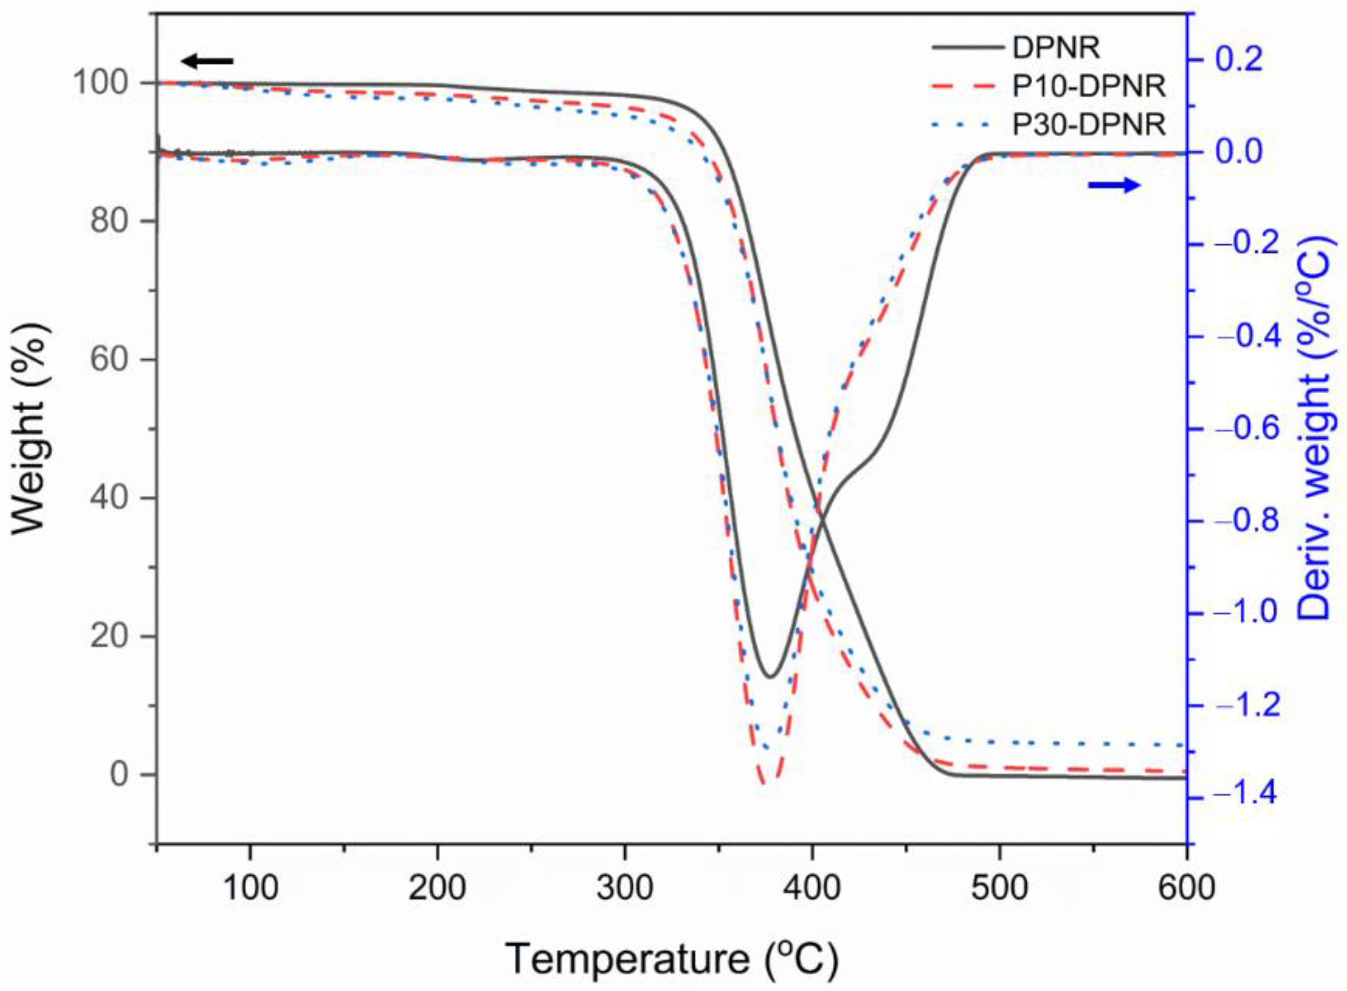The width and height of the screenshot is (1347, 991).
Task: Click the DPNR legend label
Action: pos(1056,48)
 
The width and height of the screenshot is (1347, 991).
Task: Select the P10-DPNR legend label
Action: pos(1089,86)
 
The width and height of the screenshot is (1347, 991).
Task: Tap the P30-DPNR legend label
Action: pos(1089,125)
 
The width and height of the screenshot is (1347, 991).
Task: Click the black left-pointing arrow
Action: pos(207,61)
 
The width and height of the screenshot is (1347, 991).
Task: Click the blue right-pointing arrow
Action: pos(1114,186)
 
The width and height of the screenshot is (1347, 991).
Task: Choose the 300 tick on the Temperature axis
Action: pos(624,890)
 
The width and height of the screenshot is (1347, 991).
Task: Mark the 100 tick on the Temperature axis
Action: pos(250,890)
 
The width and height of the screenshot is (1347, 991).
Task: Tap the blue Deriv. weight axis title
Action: pos(1318,429)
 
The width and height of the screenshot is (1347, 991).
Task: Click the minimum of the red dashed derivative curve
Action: pos(768,784)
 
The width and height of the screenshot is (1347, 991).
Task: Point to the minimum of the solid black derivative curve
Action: pos(771,677)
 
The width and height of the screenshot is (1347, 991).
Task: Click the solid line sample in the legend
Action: pos(967,48)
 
